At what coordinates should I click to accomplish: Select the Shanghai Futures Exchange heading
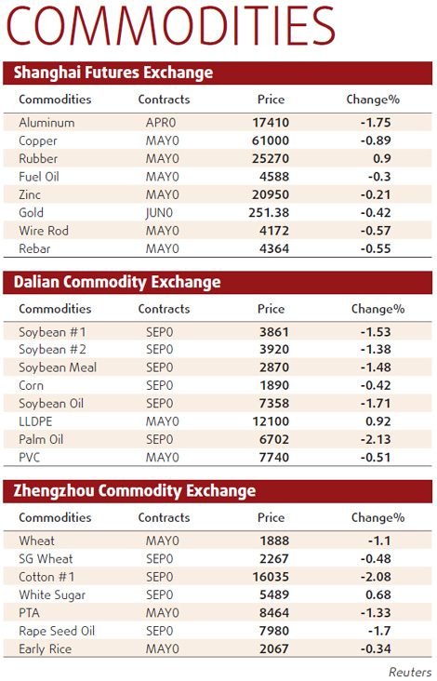pos(113,73)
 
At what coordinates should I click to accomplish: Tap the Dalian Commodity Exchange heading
pos(116,282)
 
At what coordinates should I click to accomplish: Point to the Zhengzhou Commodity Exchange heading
pos(135,491)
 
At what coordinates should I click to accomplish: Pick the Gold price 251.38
pos(271,213)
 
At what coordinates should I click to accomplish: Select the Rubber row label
pos(38,159)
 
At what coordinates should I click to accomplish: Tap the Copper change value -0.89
pos(376,141)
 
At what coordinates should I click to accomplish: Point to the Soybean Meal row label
pos(58,367)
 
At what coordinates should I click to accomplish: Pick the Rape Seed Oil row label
pos(56,631)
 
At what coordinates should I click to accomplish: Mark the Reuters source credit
pos(409,671)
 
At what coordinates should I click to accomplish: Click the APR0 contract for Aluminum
pos(162,123)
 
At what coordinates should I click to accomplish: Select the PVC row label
pos(31,458)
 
